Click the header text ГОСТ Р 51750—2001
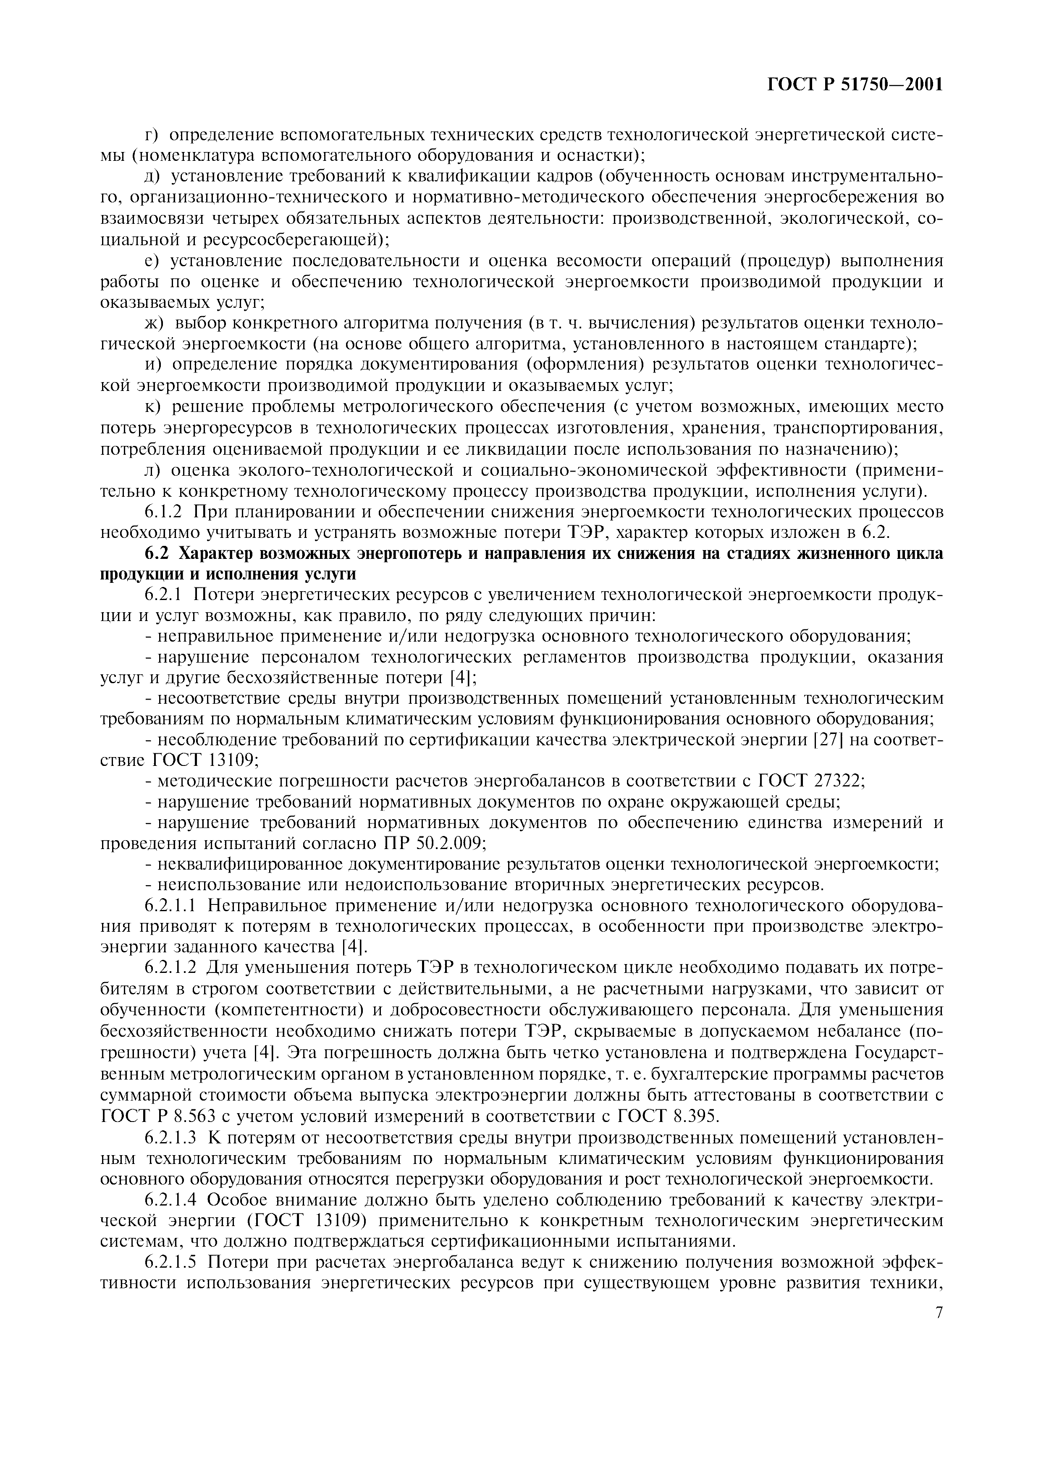(855, 84)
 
